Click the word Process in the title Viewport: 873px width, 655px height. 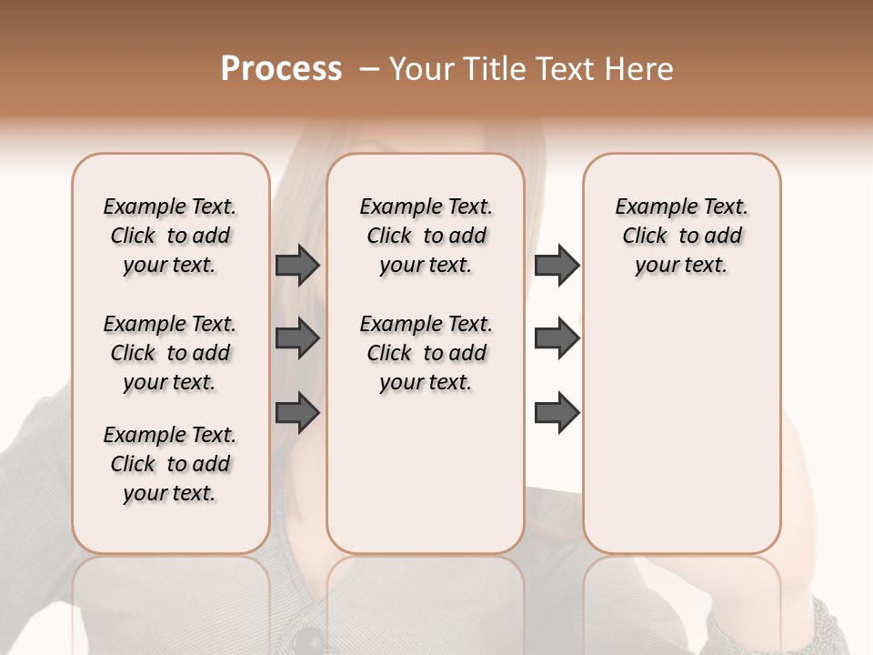click(281, 68)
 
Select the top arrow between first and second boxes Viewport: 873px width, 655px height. click(297, 265)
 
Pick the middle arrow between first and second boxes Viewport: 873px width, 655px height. click(297, 338)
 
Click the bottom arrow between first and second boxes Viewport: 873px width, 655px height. click(297, 413)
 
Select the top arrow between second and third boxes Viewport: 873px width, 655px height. click(557, 265)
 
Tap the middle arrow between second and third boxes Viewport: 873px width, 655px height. click(557, 338)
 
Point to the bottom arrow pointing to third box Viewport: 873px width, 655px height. click(557, 413)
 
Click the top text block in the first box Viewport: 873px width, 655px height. click(170, 236)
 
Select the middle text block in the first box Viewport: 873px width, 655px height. click(170, 353)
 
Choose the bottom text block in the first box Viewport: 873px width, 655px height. click(170, 464)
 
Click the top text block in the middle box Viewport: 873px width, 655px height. click(426, 236)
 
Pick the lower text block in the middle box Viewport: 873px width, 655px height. click(426, 353)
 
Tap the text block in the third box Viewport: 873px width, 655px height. click(681, 236)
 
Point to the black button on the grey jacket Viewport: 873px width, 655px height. click(310, 640)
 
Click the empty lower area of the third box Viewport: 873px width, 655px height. click(681, 428)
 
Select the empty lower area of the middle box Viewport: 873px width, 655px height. click(426, 473)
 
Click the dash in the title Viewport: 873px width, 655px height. click(369, 69)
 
